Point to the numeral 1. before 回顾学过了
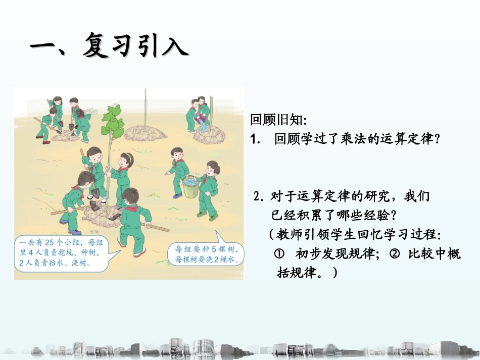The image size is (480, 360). point(255,139)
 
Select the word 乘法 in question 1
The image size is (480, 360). point(353,139)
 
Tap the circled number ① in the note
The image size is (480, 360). point(279,254)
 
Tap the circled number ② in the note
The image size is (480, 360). point(396,254)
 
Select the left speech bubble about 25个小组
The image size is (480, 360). point(63,252)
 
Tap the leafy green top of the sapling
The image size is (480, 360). point(113,120)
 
